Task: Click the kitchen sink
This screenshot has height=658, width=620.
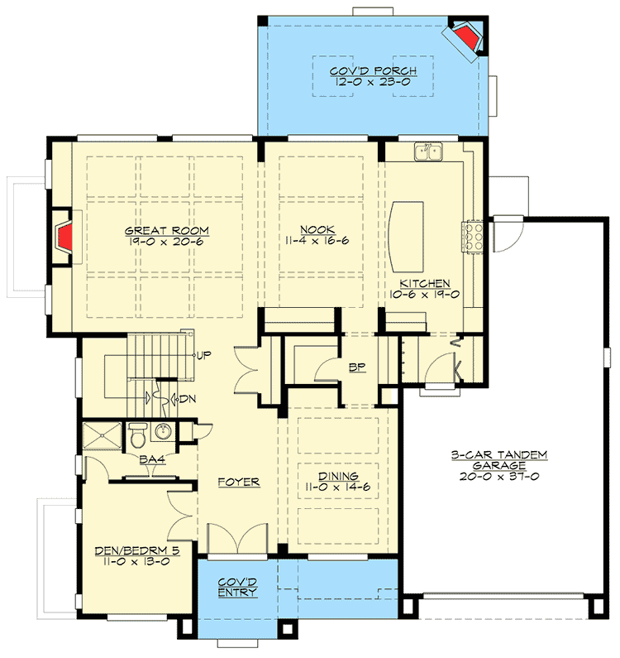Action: [x=427, y=151]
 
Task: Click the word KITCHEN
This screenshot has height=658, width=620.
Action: [x=422, y=283]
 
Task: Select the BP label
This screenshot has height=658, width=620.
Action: [x=357, y=366]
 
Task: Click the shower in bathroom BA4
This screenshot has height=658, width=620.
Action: [x=102, y=437]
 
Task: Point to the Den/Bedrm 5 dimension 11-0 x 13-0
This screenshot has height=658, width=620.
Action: [x=136, y=560]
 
